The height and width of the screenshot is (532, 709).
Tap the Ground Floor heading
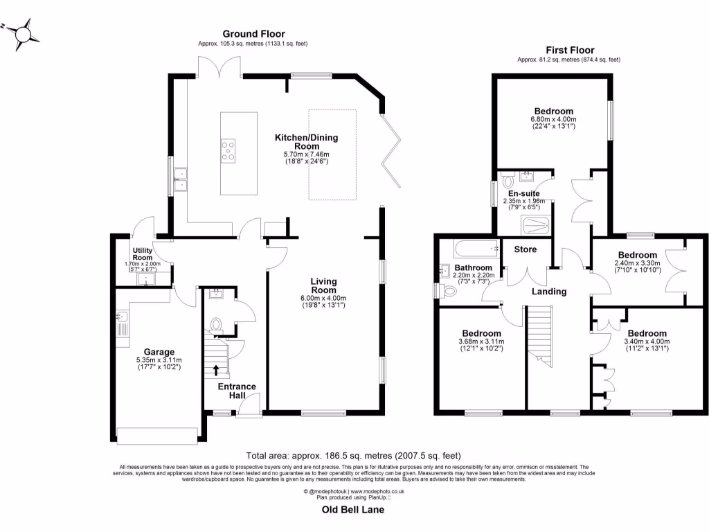(x=253, y=34)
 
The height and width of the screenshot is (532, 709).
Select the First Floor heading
(x=570, y=50)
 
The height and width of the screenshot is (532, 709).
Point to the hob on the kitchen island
(x=228, y=150)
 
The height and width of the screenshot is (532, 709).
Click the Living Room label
(x=323, y=285)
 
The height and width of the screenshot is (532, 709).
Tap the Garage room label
(x=159, y=351)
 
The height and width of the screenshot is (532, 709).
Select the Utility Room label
(x=145, y=253)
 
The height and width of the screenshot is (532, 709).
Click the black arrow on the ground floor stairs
(x=217, y=371)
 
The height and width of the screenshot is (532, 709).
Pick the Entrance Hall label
(x=237, y=391)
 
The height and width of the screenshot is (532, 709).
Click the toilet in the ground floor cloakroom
(x=216, y=323)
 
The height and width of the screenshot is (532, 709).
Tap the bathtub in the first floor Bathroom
(x=476, y=248)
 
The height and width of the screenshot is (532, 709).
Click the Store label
(x=525, y=249)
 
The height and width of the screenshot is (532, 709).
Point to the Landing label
(x=548, y=292)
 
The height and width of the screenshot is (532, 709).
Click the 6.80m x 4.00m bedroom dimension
(x=553, y=119)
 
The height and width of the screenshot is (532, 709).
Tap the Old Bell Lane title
(x=353, y=510)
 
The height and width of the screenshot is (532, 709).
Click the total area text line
(x=353, y=456)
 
